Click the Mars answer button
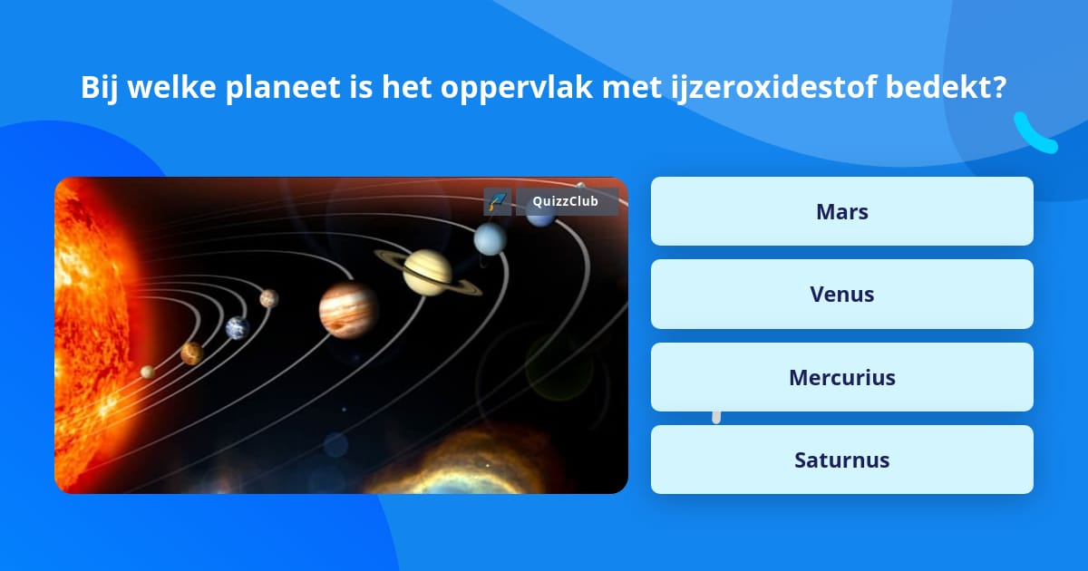click(841, 211)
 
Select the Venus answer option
click(841, 294)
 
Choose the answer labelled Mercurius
click(841, 377)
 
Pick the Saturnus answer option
click(841, 460)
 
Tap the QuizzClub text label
click(566, 201)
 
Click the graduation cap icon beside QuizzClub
click(497, 201)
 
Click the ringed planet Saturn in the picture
click(429, 272)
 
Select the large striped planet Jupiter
click(347, 308)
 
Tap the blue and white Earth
click(238, 328)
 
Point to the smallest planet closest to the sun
click(147, 372)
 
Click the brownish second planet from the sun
click(191, 353)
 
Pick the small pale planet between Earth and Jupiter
click(268, 298)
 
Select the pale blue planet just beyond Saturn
click(490, 238)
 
